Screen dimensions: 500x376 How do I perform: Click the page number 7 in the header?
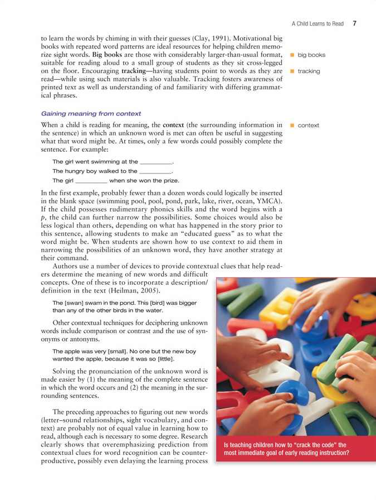[354, 23]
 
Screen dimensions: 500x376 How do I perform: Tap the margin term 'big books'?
[311, 55]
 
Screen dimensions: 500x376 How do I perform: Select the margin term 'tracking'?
[309, 71]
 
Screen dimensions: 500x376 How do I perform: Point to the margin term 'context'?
[308, 125]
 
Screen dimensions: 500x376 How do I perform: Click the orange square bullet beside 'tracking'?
[291, 71]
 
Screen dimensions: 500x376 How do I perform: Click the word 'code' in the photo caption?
[326, 445]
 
